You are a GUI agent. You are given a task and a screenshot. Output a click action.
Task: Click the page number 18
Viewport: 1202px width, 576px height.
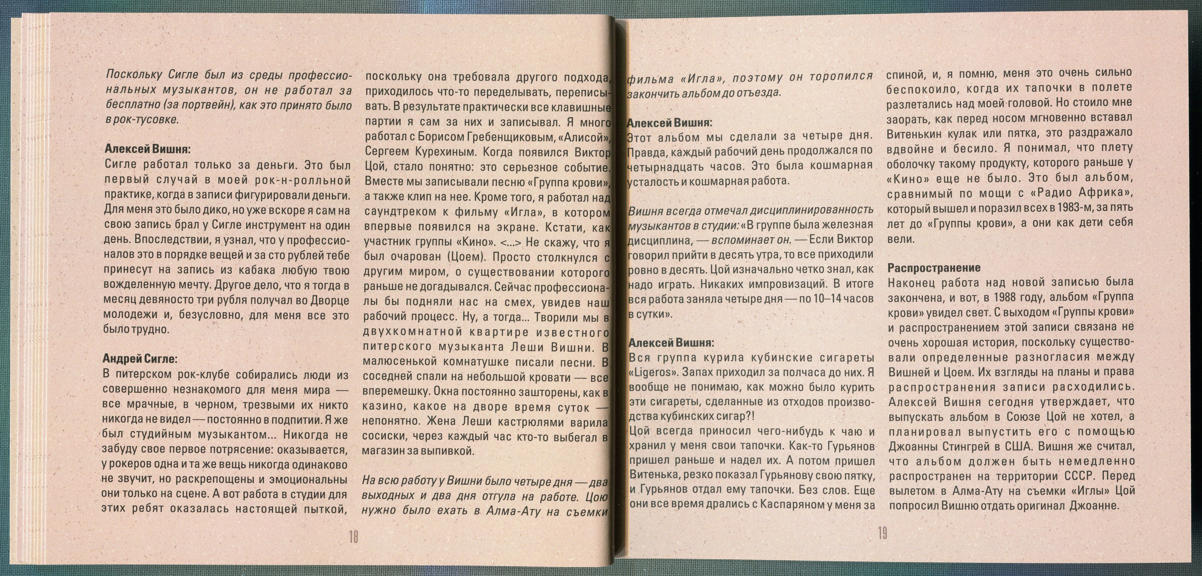(x=353, y=537)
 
